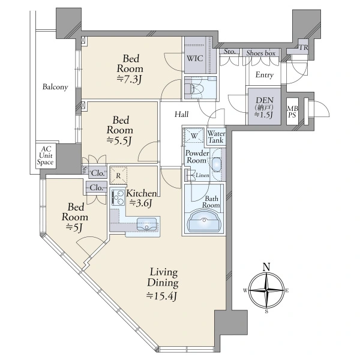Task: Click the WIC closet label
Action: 194,58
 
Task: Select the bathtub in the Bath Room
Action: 204,221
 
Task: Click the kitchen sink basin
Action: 147,224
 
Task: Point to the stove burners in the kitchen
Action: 118,197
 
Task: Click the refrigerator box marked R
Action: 118,176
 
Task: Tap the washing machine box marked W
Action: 194,136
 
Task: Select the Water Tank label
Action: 216,137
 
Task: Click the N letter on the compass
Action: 266,267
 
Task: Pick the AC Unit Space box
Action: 46,156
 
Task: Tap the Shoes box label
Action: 261,53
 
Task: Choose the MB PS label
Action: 292,112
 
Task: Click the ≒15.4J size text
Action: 161,296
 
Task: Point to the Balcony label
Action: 55,87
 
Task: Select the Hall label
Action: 181,114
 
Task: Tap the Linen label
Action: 202,175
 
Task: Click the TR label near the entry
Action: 303,47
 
